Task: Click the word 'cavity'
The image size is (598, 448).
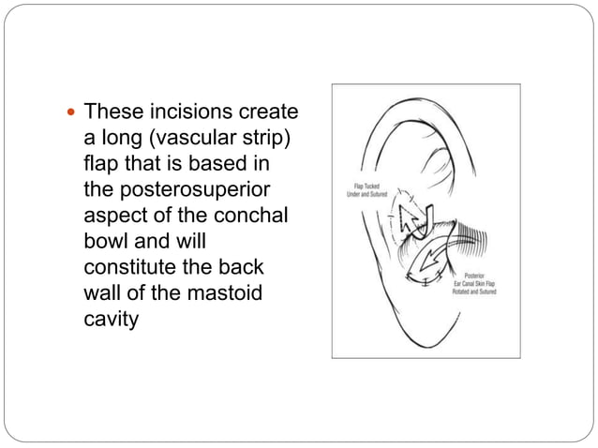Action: point(110,320)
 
